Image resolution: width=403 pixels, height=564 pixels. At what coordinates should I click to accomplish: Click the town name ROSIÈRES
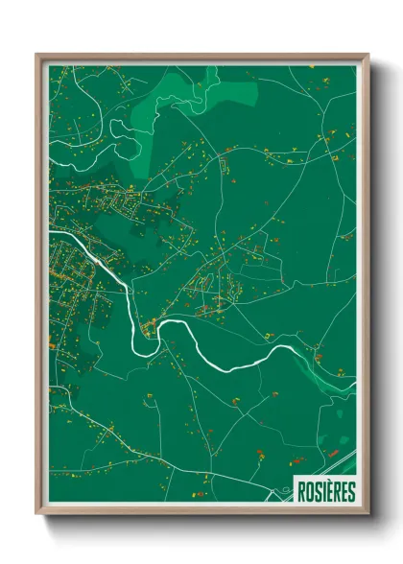tap(325, 491)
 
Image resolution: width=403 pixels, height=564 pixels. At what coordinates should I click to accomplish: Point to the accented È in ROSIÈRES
tap(330, 491)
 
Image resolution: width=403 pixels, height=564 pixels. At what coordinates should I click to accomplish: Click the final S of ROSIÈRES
tap(351, 491)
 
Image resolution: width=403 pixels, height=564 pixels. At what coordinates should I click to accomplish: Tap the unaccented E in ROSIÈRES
tap(344, 491)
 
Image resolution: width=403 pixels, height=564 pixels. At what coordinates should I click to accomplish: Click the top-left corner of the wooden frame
tap(37, 55)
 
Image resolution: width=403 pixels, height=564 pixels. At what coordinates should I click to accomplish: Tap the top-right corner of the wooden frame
tap(367, 55)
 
